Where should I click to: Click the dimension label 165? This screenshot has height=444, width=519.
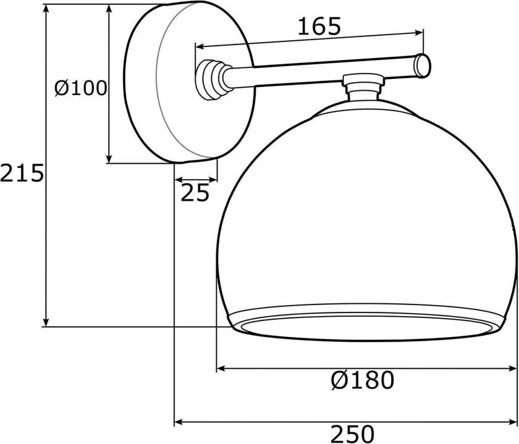pos(319,26)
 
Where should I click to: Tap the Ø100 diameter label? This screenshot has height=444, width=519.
pos(80,88)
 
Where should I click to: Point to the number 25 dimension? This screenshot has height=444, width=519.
pos(195,194)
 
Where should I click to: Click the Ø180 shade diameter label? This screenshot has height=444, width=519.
pos(362,380)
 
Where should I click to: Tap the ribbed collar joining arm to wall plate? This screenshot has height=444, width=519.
pos(211,79)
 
